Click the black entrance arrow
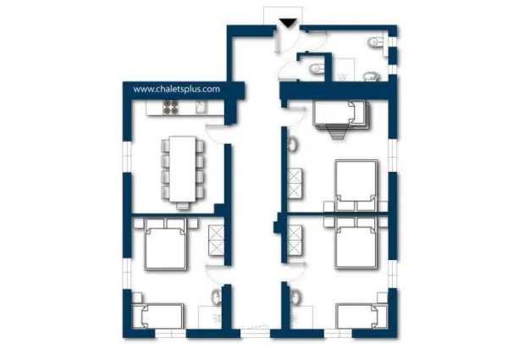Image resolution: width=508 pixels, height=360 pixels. tap(288, 24)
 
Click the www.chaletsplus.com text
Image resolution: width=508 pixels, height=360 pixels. tap(177, 89)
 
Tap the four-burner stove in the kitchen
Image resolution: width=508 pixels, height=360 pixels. tap(171, 108)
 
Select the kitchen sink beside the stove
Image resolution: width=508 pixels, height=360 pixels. tap(202, 108)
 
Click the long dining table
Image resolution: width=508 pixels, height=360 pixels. tap(182, 169)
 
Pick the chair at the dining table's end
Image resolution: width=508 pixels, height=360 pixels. tap(183, 206)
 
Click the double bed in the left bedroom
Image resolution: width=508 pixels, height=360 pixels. tap(166, 244)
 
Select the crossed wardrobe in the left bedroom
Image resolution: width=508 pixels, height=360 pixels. tap(216, 240)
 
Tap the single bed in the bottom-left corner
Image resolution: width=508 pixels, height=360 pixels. tap(162, 316)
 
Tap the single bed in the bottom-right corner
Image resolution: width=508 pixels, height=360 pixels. tap(362, 316)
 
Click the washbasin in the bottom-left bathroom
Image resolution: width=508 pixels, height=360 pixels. tap(216, 296)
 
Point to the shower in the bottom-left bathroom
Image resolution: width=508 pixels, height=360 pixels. tap(210, 318)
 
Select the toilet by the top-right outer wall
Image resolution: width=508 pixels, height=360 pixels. tap(376, 42)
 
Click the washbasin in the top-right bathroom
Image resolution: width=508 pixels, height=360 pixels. tap(371, 77)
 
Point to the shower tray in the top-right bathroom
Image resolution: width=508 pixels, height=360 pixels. tap(344, 69)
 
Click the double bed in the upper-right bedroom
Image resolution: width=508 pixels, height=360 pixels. tap(356, 185)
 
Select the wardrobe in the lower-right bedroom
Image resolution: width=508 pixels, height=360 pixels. tap(295, 240)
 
